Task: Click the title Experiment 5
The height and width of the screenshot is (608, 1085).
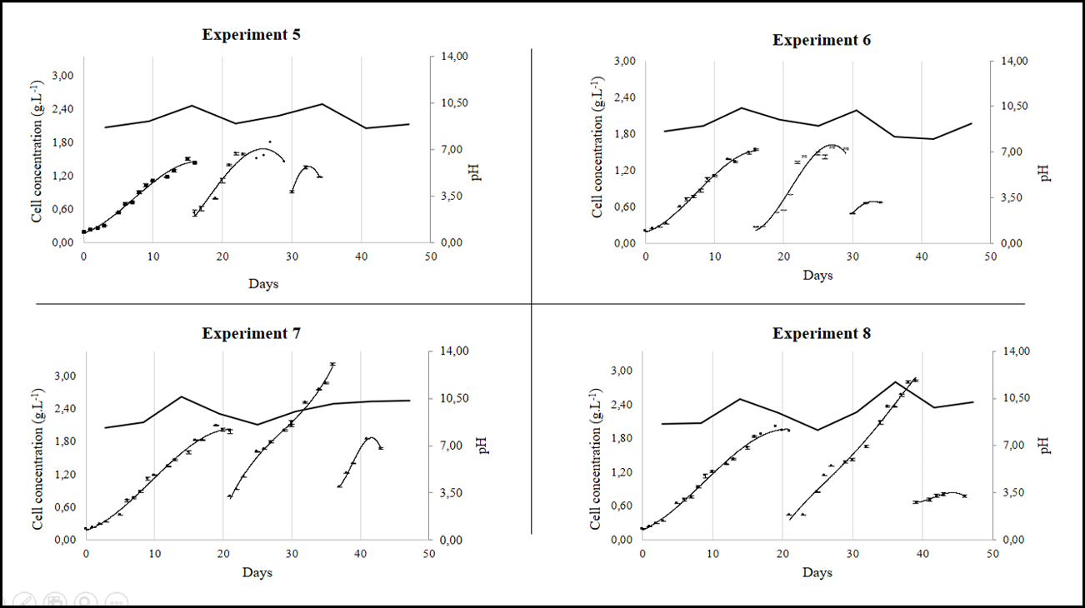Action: point(251,35)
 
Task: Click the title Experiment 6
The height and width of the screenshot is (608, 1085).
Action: point(822,40)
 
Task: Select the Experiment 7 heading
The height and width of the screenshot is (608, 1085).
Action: point(251,334)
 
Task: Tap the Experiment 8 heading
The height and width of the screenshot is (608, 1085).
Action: point(822,334)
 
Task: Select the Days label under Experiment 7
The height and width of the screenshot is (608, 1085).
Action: point(257,572)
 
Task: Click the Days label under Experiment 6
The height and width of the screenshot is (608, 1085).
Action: point(817,276)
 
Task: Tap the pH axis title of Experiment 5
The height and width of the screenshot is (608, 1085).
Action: point(476,172)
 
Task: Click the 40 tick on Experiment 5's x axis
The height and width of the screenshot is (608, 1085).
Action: point(361,256)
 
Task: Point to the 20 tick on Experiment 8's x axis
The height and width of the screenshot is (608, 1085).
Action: point(782,552)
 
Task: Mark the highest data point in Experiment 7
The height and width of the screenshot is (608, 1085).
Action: point(332,364)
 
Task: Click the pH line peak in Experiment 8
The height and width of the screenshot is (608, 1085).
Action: point(895,381)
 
